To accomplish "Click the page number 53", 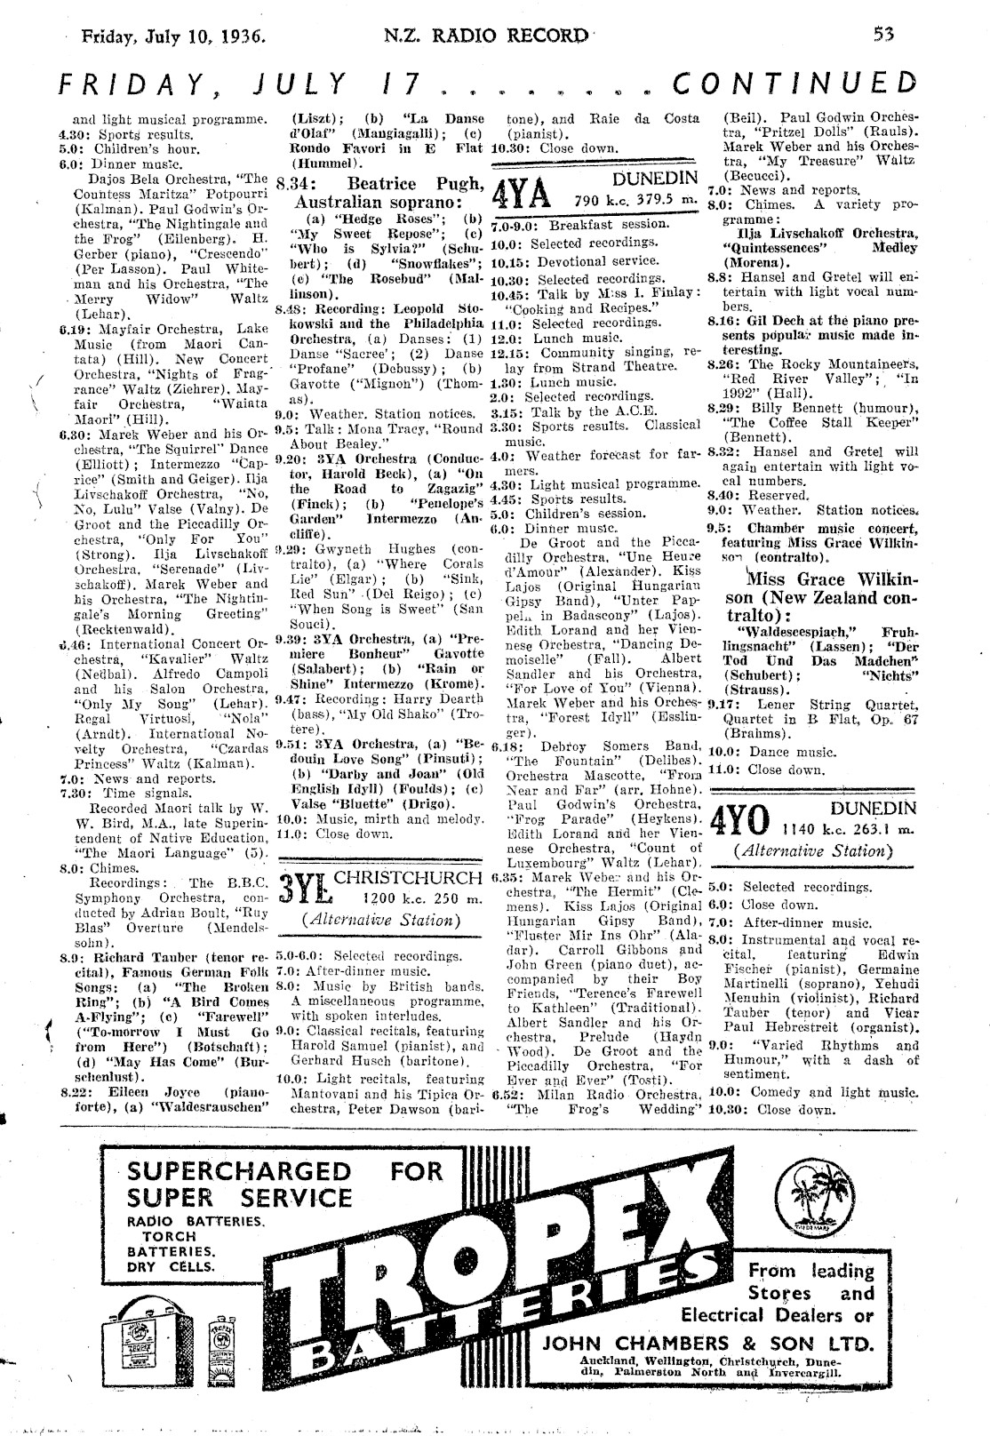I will (882, 36).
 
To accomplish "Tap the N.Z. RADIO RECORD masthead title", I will (485, 36).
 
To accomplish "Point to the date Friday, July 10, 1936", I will (175, 37).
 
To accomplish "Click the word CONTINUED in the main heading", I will (794, 83).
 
